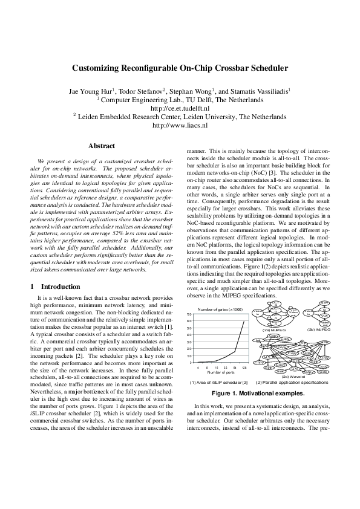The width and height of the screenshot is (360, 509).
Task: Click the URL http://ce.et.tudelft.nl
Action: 179,108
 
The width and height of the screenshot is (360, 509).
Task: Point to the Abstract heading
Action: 102,146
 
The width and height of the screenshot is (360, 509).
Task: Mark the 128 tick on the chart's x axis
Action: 244,368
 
